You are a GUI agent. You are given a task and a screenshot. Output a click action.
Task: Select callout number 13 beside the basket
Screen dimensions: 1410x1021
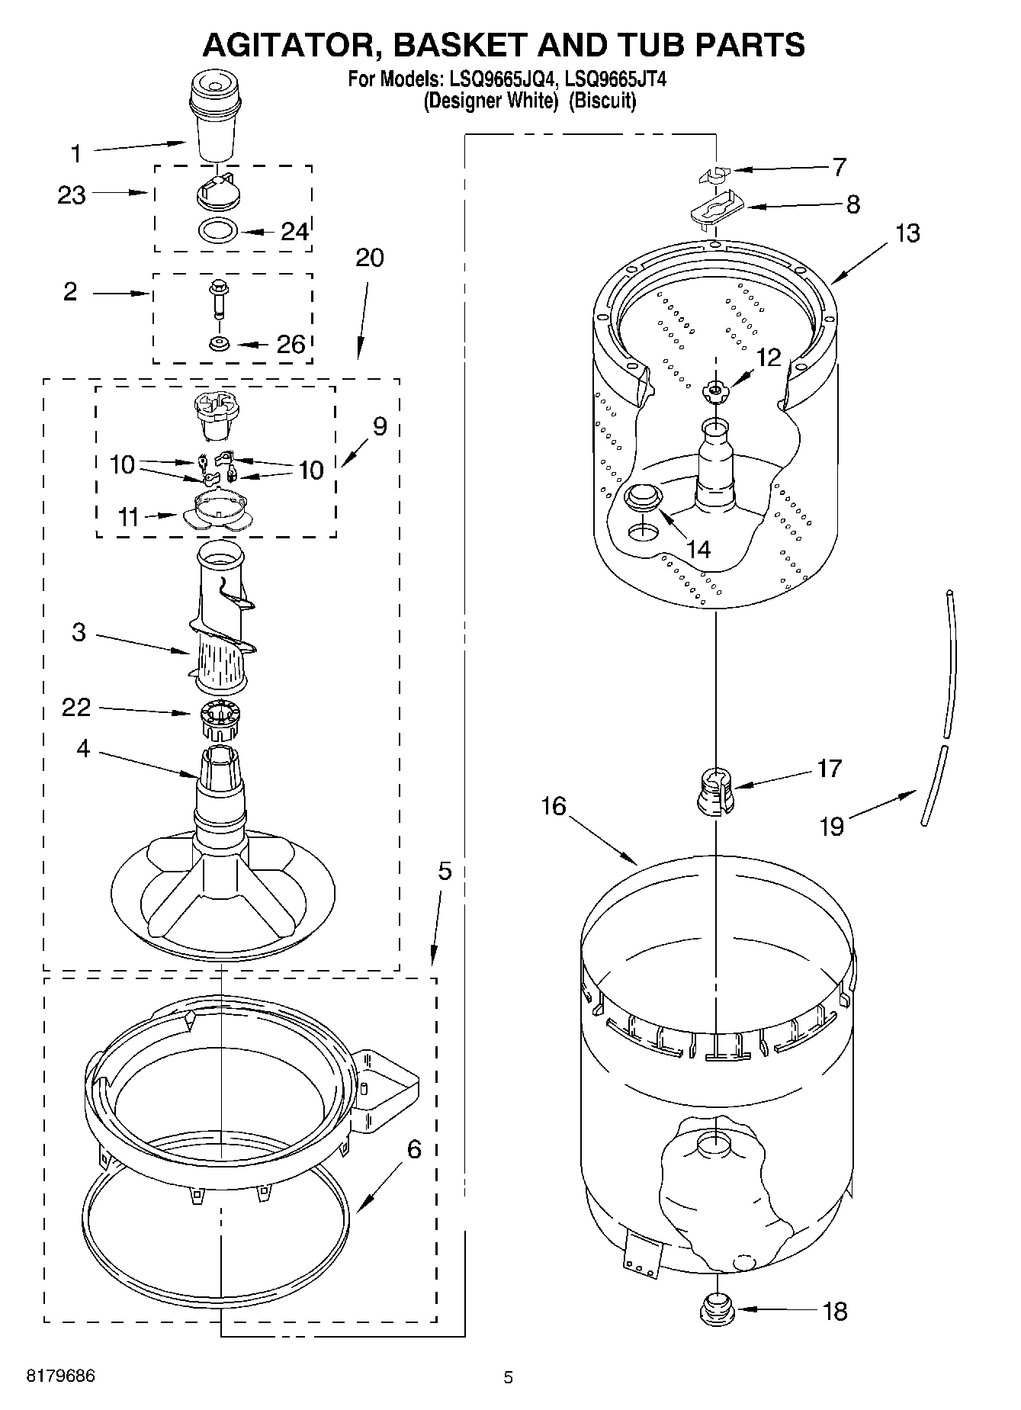(x=907, y=233)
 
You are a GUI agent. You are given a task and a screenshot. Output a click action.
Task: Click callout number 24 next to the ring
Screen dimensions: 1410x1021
(x=294, y=231)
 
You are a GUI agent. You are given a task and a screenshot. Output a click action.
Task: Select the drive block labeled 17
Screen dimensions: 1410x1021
(x=715, y=791)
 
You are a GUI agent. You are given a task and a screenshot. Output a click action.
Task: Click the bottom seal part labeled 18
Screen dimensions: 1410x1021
(x=715, y=1311)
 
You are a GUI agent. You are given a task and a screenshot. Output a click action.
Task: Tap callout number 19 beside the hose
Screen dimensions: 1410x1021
(x=833, y=827)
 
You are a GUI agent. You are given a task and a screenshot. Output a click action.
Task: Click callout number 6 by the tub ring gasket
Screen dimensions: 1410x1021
(x=413, y=1148)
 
